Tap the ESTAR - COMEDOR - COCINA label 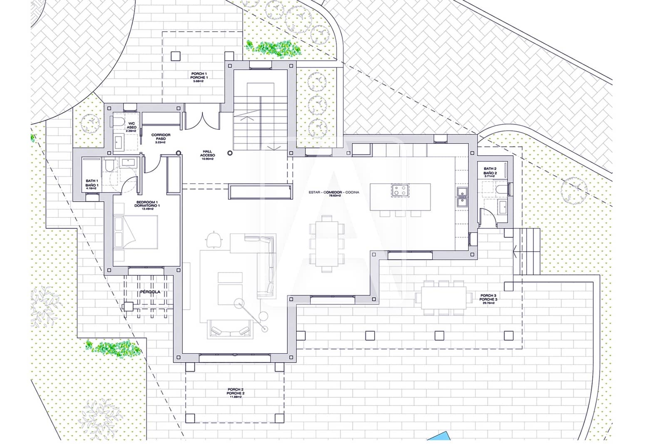pyautogui.click(x=334, y=193)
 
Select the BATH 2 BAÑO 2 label pyautogui.click(x=490, y=172)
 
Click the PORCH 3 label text pyautogui.click(x=488, y=299)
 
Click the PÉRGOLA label pyautogui.click(x=150, y=292)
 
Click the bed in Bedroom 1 pyautogui.click(x=137, y=232)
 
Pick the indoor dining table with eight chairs pyautogui.click(x=327, y=244)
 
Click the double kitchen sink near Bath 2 pyautogui.click(x=461, y=197)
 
